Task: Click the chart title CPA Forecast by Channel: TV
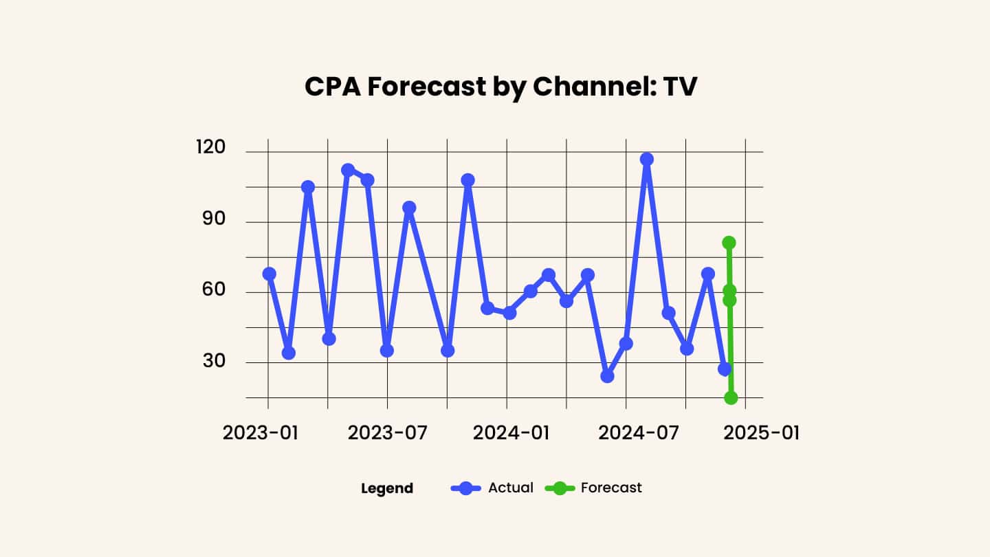click(500, 87)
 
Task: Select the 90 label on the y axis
click(213, 221)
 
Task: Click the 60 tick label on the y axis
click(213, 291)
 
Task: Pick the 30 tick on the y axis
click(213, 361)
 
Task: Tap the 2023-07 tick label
click(387, 435)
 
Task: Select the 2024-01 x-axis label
click(507, 435)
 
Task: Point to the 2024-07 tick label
click(626, 435)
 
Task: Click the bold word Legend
click(387, 489)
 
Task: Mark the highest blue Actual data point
click(646, 160)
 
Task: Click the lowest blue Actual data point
click(607, 376)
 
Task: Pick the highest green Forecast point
click(729, 243)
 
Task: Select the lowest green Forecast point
click(731, 398)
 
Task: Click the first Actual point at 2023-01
click(269, 274)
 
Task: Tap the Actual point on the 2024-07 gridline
click(626, 343)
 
